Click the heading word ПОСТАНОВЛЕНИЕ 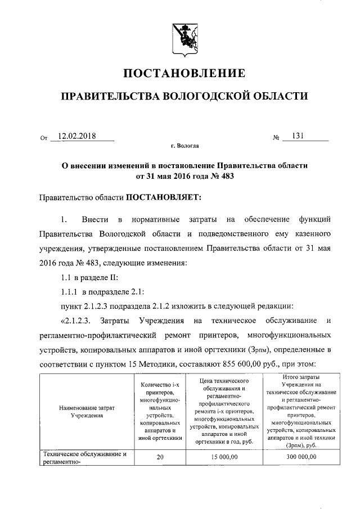tap(180, 73)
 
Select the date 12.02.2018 tap(77, 136)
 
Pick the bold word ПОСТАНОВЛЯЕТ tap(163, 197)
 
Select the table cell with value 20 tap(160, 457)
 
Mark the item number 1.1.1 tap(70, 291)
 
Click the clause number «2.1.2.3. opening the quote tap(74, 321)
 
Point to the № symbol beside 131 tap(276, 137)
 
